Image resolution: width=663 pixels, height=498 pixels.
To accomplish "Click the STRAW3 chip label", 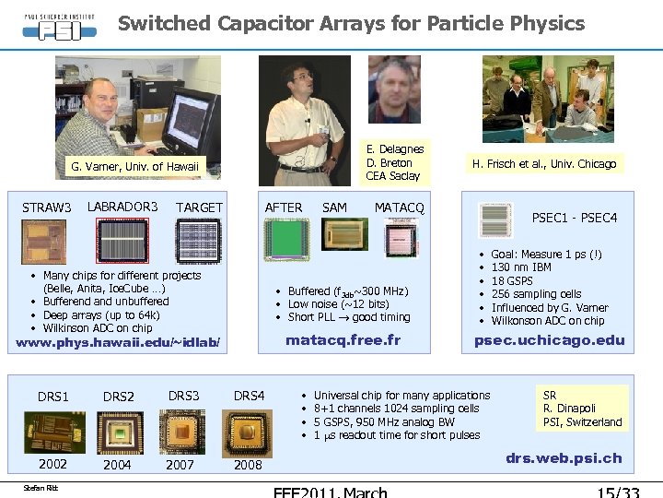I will coord(47,207).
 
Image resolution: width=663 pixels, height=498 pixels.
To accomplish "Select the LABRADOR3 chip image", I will coord(122,242).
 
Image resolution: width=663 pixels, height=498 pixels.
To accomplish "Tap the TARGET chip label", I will coord(199,207).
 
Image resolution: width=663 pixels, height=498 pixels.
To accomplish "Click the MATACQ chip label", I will coord(399,207).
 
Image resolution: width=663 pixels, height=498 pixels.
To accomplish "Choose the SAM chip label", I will coord(335,207).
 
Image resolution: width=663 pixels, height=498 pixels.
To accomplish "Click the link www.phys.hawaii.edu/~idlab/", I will coord(119,344).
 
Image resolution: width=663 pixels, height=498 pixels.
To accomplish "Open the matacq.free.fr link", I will coord(343,340).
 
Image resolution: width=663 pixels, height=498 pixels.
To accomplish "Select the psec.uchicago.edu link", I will coord(549,340).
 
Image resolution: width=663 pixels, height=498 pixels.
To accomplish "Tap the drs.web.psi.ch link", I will coord(564,457).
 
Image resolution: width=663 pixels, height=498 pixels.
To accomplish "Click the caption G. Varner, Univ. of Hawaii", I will coord(134,167).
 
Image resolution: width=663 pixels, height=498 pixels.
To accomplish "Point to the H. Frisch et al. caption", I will coord(543,164).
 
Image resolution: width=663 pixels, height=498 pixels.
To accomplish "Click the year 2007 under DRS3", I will coord(180,465).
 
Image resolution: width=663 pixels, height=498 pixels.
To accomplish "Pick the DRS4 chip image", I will coord(248,431).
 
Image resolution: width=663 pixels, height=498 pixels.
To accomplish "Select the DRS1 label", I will coord(53,397).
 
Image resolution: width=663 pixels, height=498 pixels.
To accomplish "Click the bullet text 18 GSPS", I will coord(512,280).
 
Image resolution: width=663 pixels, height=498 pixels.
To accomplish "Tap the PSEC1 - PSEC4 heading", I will coord(575,219).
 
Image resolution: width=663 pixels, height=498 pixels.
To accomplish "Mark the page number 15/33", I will coord(618,491).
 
